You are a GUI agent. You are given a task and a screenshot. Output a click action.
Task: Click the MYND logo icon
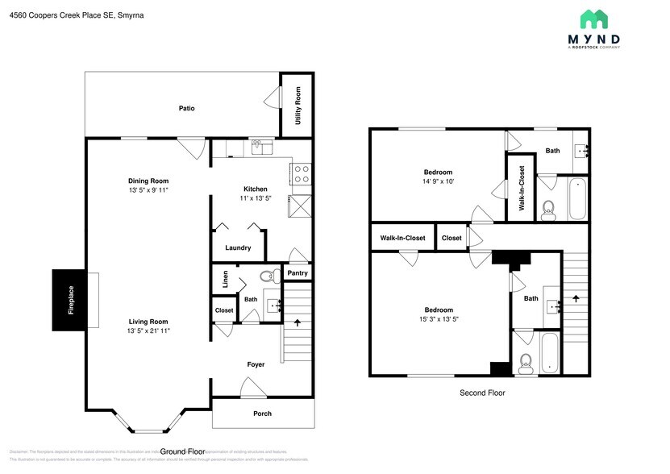(595, 19)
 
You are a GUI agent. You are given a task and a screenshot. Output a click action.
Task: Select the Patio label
(186, 108)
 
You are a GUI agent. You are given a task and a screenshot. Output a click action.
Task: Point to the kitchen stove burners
(302, 173)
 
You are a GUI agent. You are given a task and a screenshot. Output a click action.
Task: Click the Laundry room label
(238, 248)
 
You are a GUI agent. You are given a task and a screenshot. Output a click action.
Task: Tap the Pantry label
(298, 274)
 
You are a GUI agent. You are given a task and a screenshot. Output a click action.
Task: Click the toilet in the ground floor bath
(267, 276)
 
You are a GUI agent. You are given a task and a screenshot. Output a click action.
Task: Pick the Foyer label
(256, 364)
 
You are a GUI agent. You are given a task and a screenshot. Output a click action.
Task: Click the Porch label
(262, 414)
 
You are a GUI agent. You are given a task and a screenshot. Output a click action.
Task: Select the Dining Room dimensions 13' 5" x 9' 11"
(148, 191)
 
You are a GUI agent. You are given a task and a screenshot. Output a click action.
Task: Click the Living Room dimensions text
(148, 331)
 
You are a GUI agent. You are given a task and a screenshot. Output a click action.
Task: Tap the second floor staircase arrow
(576, 298)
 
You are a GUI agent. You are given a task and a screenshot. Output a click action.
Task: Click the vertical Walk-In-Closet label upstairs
(522, 187)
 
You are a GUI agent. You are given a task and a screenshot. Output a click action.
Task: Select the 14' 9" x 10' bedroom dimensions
(439, 182)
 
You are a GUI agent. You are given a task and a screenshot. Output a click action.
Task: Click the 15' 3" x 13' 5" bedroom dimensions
(439, 320)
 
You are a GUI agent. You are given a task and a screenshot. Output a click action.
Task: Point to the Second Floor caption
(483, 393)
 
